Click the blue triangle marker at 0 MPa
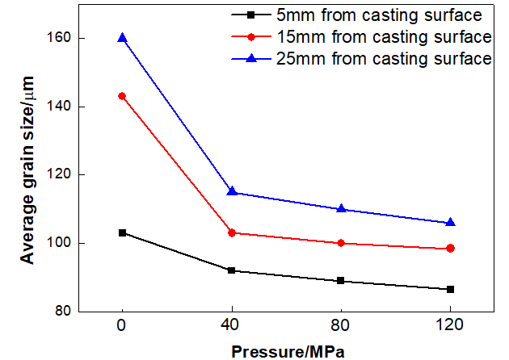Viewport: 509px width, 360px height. tap(122, 38)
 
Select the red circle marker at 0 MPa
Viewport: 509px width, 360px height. tap(122, 96)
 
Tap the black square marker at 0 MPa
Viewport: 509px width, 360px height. tap(122, 232)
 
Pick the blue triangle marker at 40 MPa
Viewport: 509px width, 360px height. tap(232, 191)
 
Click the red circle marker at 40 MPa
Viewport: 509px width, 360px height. tap(232, 232)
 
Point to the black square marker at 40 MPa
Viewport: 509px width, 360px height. tap(232, 270)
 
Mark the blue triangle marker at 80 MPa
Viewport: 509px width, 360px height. tap(341, 208)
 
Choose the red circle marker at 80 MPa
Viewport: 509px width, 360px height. tap(341, 243)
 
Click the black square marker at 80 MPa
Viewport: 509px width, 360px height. tap(341, 281)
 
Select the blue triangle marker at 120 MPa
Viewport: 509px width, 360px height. tap(450, 222)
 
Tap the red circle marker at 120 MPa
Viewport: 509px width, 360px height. tap(450, 249)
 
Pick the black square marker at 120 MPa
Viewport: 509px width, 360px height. tap(450, 289)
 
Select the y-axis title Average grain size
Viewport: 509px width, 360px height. tap(27, 174)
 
